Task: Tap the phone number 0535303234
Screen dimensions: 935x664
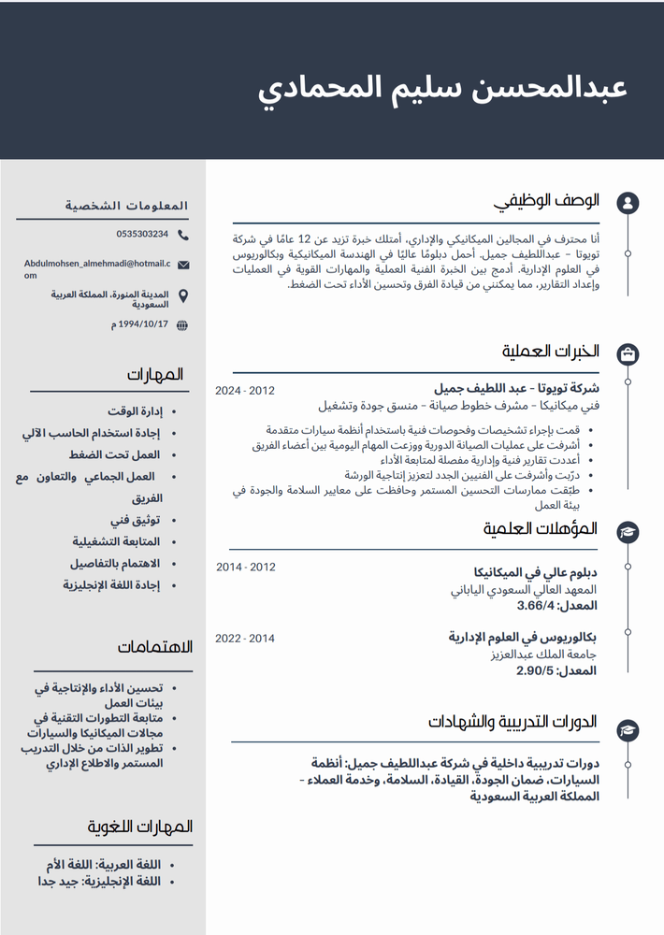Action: pyautogui.click(x=142, y=234)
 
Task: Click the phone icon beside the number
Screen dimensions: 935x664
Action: pyautogui.click(x=182, y=235)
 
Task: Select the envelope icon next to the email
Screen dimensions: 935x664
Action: pyautogui.click(x=182, y=266)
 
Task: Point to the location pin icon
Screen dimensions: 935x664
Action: pyautogui.click(x=182, y=296)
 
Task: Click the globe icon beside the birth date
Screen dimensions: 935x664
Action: pyautogui.click(x=182, y=325)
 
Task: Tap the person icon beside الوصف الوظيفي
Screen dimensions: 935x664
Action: pyautogui.click(x=628, y=202)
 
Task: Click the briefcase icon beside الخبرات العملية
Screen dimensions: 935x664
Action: pyautogui.click(x=628, y=352)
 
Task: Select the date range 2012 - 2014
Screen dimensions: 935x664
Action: pyautogui.click(x=246, y=568)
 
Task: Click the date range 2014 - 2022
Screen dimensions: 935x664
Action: pyautogui.click(x=245, y=639)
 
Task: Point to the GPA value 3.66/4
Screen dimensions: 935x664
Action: pyautogui.click(x=536, y=607)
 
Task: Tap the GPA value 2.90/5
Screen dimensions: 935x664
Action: pyautogui.click(x=535, y=671)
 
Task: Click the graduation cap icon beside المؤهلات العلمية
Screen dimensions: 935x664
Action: pyautogui.click(x=628, y=531)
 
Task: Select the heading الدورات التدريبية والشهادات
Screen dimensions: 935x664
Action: pyautogui.click(x=512, y=722)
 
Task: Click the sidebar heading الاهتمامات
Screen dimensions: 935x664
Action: pyautogui.click(x=155, y=647)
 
